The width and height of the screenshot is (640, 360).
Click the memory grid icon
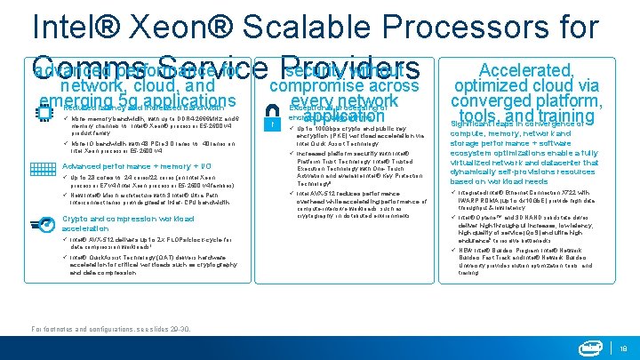44,169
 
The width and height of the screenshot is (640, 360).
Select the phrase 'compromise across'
343,86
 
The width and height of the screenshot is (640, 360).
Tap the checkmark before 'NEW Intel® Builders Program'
454,250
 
